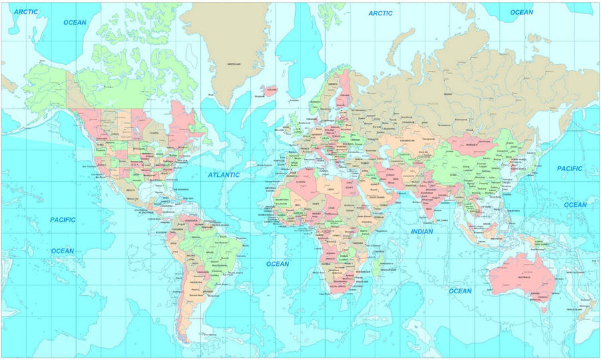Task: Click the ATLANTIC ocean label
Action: click(223, 175)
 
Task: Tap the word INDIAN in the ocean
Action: click(421, 232)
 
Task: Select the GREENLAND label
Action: click(233, 65)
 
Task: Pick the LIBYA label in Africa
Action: click(332, 189)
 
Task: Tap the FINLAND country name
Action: click(345, 96)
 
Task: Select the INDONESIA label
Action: click(496, 238)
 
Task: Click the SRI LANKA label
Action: click(442, 220)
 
